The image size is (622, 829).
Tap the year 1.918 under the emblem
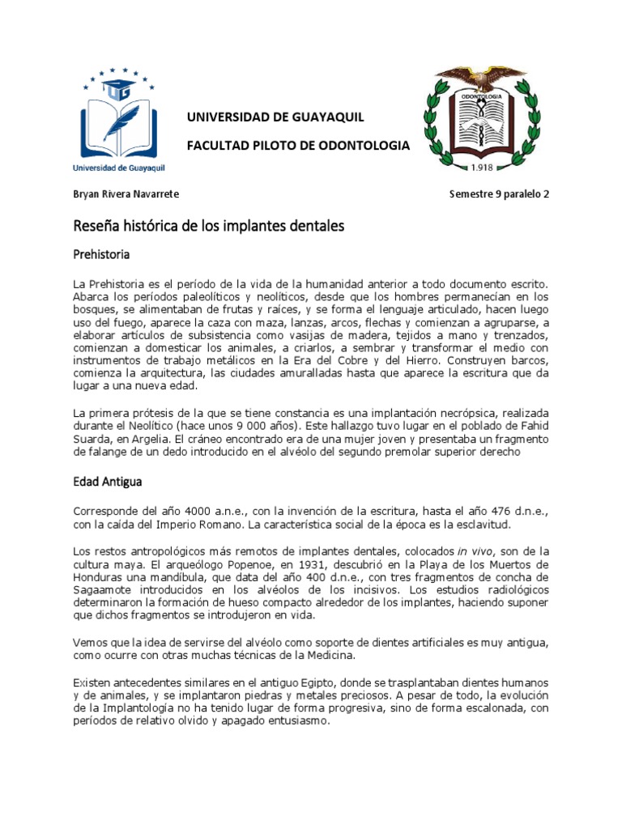482,168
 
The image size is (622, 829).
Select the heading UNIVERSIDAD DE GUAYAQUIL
275,118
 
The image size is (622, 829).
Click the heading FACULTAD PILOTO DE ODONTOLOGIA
298,146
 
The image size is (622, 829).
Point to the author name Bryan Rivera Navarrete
126,194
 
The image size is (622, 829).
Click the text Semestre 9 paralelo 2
499,194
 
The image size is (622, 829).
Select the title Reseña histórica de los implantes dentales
209,226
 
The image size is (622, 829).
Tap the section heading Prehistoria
102,255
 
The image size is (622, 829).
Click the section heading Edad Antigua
108,482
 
